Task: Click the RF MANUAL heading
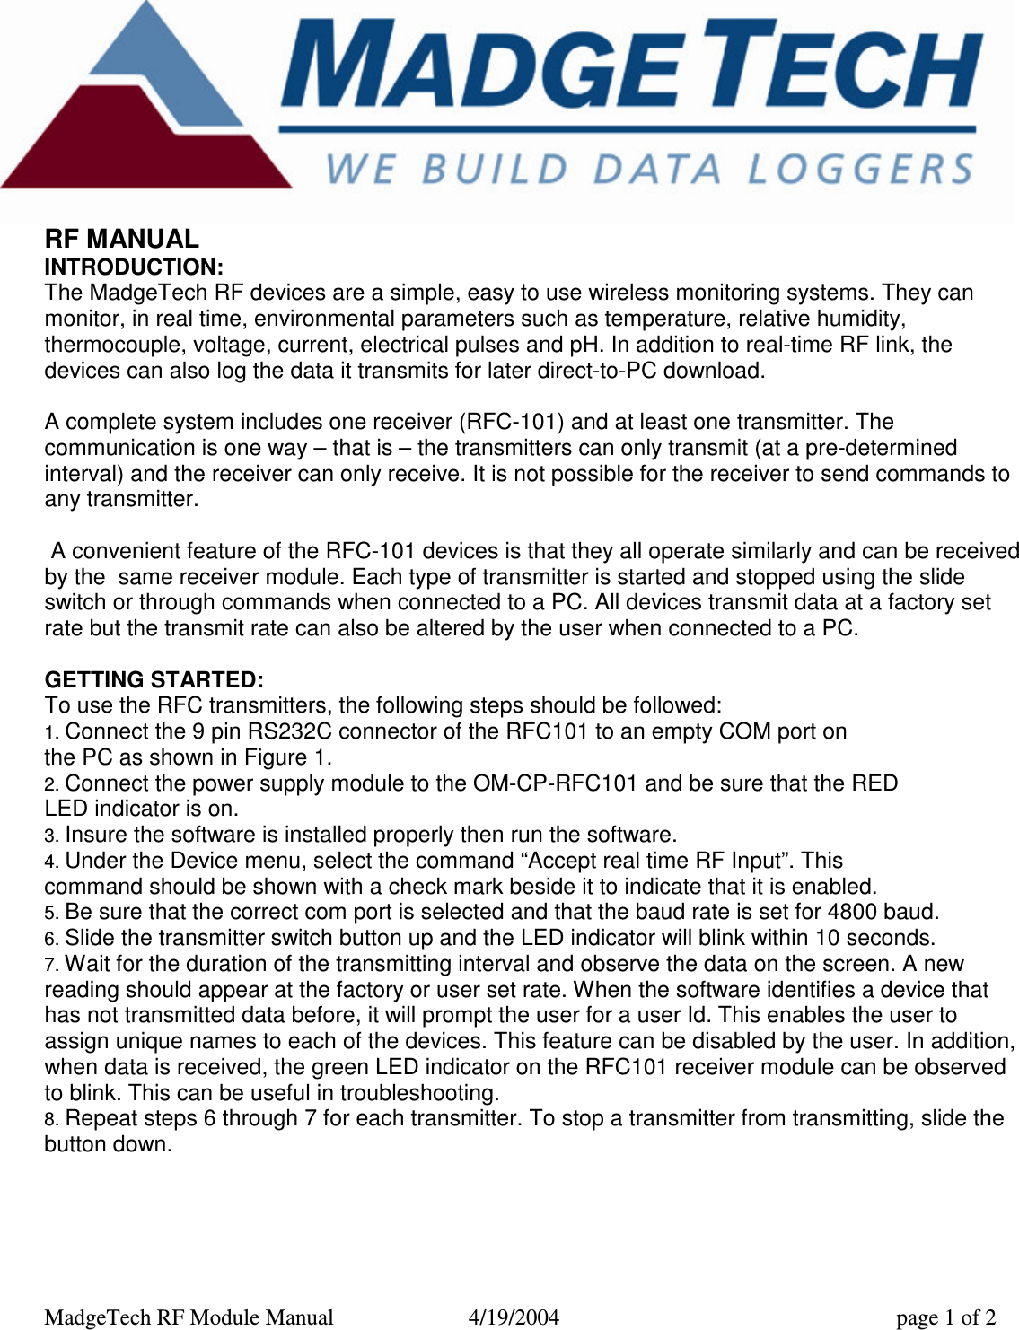(x=122, y=239)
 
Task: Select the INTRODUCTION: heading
(x=134, y=267)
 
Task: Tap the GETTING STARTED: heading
(x=154, y=679)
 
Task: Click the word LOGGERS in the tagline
(x=860, y=170)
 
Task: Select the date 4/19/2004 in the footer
(x=514, y=1317)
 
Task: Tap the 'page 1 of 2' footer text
(x=945, y=1317)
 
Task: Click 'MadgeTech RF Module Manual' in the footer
(x=189, y=1317)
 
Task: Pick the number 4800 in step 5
(x=854, y=912)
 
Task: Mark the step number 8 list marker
(x=51, y=1120)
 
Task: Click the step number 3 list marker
(x=51, y=836)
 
